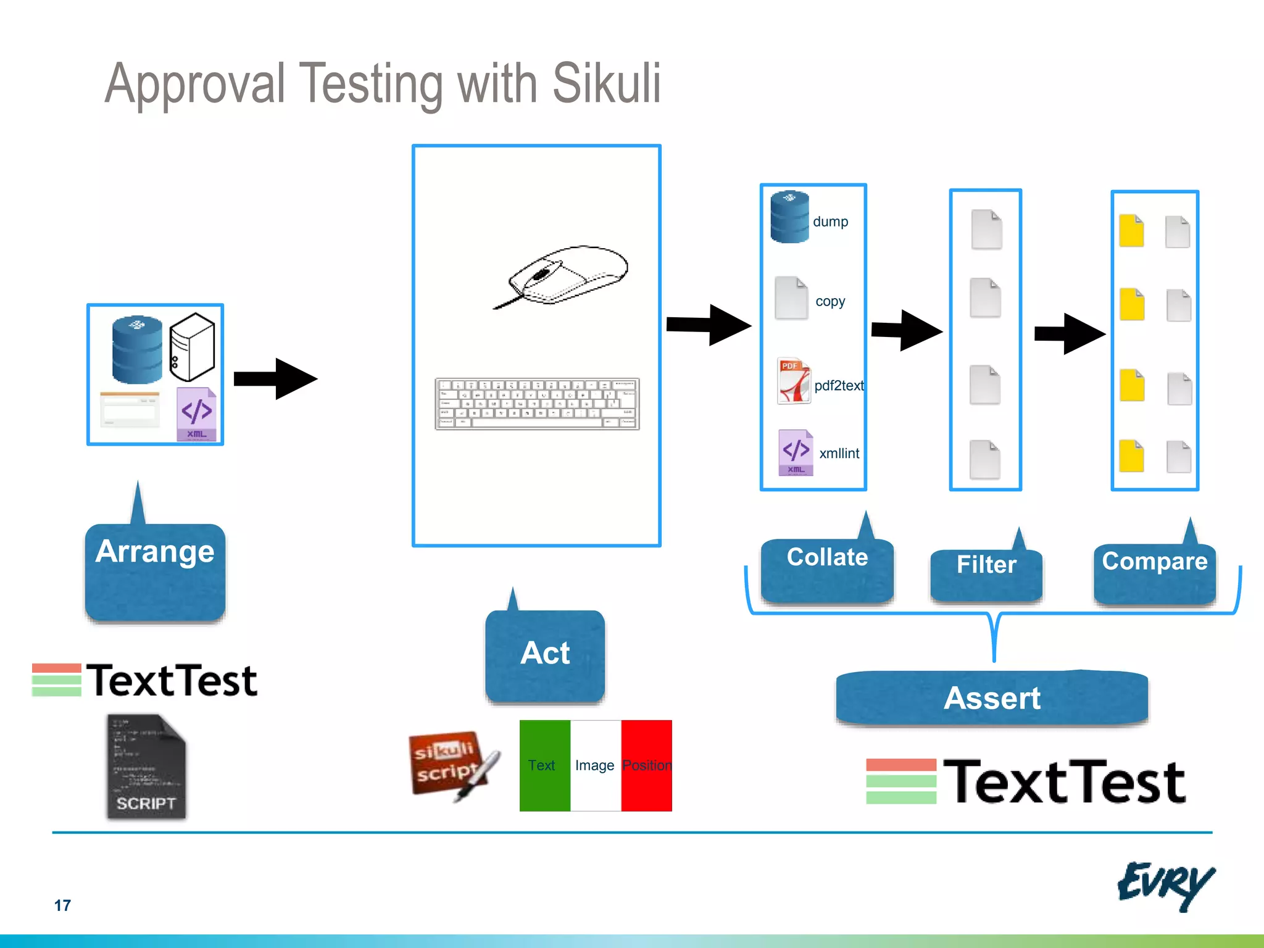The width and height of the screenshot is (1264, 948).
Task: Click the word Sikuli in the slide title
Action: (606, 84)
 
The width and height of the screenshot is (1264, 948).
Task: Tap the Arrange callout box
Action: (155, 570)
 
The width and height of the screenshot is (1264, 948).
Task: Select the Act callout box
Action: (545, 655)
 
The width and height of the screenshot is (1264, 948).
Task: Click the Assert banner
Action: (992, 698)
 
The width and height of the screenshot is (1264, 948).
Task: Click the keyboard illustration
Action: (537, 404)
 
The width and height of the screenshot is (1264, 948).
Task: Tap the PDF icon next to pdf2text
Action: (794, 381)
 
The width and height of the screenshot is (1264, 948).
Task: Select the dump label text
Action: (830, 222)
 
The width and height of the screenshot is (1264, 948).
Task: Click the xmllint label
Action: (839, 454)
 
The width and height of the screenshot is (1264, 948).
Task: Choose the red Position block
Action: (646, 765)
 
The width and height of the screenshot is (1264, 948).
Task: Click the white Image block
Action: (595, 765)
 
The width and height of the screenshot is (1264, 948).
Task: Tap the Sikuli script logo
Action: (452, 765)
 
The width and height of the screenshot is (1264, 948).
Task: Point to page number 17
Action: (62, 905)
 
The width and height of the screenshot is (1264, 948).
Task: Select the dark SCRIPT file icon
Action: (146, 767)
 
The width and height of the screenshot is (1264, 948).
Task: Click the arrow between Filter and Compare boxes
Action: (1070, 333)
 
